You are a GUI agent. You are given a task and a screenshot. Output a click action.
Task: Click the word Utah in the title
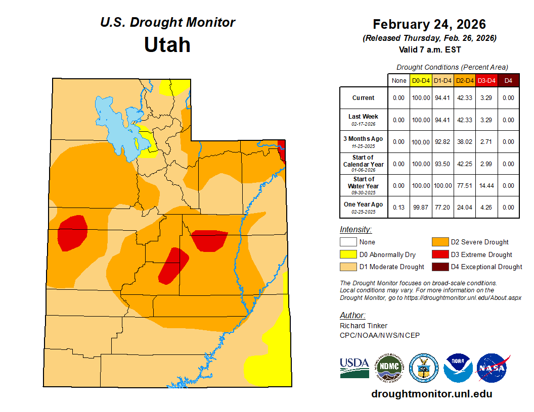[167, 45]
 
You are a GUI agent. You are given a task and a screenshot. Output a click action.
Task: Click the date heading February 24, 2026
[429, 24]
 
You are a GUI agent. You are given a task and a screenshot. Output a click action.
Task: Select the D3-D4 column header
[486, 80]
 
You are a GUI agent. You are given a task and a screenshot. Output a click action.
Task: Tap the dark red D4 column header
[508, 80]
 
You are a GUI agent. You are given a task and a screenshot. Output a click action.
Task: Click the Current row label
[363, 98]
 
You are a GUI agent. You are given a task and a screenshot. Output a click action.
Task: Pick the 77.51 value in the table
[464, 186]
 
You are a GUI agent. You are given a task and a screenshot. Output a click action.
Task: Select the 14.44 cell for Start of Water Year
[486, 186]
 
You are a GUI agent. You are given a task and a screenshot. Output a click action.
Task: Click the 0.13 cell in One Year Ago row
[398, 208]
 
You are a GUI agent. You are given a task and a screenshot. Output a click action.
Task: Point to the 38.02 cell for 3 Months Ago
[464, 142]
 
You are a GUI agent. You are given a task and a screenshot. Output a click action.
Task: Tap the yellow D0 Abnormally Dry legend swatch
[348, 254]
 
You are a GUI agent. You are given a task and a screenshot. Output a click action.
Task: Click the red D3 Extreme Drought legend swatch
[439, 254]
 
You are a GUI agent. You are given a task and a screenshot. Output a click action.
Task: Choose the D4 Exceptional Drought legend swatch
[439, 267]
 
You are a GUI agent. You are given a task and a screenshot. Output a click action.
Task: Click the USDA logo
[354, 367]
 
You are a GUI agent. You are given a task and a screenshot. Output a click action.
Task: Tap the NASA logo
[493, 368]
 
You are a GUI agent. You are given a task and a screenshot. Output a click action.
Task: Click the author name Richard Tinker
[364, 326]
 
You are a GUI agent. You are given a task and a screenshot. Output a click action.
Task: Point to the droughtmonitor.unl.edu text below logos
[431, 394]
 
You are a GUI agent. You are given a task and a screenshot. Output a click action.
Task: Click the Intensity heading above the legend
[355, 230]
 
